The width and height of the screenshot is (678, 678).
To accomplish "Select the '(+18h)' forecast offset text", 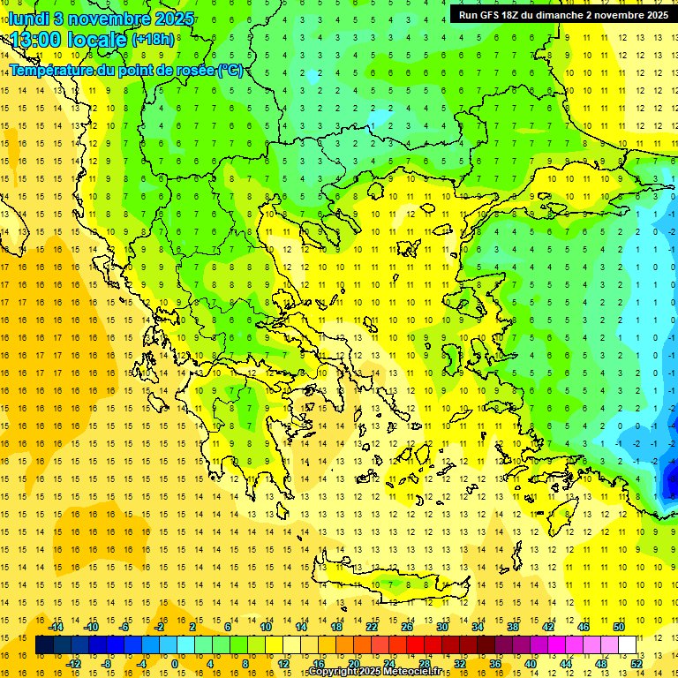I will tap(152, 40).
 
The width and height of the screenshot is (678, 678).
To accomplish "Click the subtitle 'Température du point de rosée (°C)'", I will tap(125, 70).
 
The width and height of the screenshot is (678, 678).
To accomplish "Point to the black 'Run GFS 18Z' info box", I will tap(562, 14).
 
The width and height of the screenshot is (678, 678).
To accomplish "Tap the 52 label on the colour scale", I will tap(636, 663).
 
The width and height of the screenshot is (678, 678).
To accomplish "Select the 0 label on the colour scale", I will tap(175, 663).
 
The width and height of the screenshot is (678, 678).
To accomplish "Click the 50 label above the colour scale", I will tap(618, 627).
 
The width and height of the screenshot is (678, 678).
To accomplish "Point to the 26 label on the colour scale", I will tap(406, 627).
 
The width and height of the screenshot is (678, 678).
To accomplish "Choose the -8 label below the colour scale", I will tap(106, 663).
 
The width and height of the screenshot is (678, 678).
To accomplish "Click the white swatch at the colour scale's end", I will tap(627, 645).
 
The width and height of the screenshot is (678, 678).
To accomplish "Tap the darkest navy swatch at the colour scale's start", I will tap(44, 645).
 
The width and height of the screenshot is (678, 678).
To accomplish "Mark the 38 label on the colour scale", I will tap(512, 627).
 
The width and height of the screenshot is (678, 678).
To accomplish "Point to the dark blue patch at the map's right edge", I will tap(672, 481).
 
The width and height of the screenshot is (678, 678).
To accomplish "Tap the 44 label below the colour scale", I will tap(566, 663).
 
